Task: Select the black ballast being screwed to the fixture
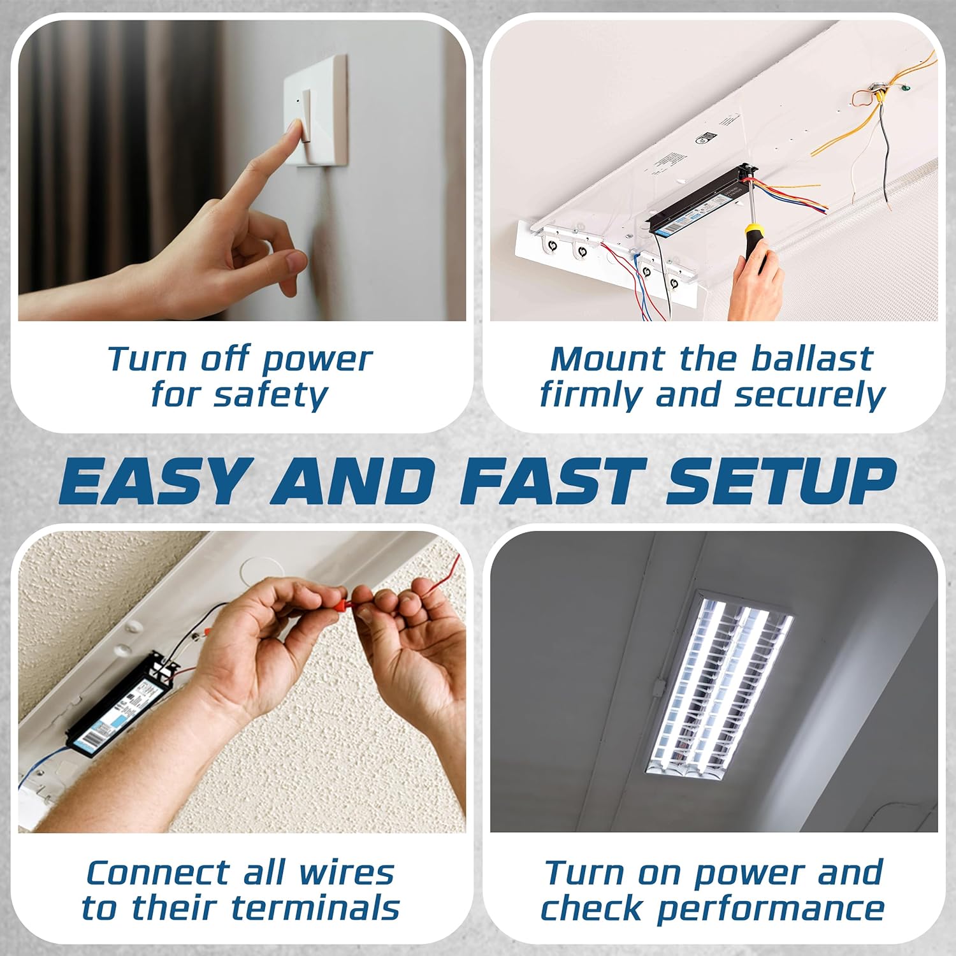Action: point(701,198)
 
